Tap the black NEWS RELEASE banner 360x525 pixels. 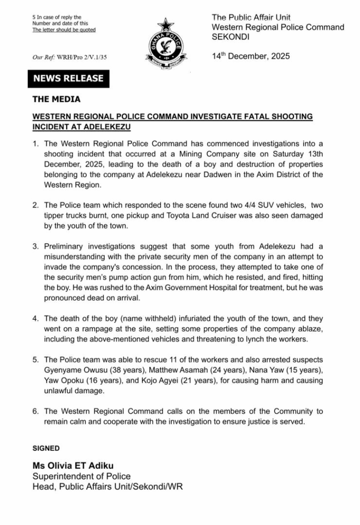coord(68,78)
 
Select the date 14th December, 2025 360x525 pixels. coord(251,56)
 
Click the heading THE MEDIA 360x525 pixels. coord(56,99)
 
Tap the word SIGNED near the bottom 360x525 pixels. coord(46,448)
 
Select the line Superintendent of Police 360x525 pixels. coord(82,476)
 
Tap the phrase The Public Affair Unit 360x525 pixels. coord(251,17)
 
